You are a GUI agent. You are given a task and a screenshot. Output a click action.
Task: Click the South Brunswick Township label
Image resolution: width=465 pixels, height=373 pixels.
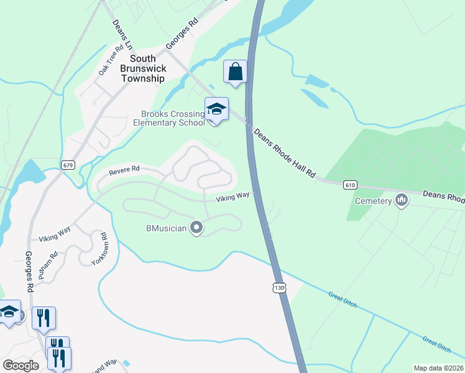pos(143,68)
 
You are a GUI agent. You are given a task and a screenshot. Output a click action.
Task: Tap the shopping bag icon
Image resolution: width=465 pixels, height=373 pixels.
pos(236,72)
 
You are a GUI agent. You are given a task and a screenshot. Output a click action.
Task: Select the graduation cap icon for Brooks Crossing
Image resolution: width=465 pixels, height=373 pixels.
pos(216,109)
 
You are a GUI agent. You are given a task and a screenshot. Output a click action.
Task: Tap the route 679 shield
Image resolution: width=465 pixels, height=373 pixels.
pos(68,164)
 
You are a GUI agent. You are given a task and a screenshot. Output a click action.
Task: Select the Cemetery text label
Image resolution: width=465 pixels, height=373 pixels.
pos(373,201)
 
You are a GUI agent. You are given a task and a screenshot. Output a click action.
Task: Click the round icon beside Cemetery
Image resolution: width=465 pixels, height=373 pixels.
pos(401,201)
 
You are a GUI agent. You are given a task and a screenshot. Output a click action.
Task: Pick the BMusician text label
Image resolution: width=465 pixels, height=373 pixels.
pos(166,228)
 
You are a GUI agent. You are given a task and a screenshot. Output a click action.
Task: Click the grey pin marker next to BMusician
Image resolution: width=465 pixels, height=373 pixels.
pos(196,228)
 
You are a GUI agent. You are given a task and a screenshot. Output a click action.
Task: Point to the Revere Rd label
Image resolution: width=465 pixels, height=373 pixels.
pos(124,170)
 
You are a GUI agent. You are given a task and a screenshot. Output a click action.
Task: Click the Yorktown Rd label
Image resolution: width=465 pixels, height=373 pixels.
pos(100,249)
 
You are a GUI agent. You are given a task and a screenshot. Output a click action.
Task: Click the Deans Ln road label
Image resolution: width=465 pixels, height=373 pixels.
pos(122,35)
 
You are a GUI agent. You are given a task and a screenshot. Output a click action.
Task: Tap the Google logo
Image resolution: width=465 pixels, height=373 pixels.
pos(21,365)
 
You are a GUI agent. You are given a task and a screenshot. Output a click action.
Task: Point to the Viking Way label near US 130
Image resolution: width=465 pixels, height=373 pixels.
pos(233,196)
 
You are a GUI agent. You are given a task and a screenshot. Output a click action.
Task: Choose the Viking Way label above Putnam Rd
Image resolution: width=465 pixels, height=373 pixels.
pos(55,236)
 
